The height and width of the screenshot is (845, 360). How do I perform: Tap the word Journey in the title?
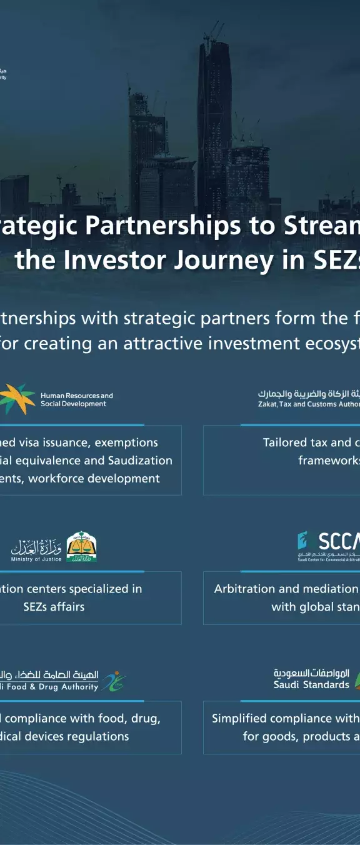tap(224, 261)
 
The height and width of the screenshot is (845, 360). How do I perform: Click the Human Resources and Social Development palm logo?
tap(17, 399)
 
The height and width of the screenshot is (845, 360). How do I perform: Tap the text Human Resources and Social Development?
tap(76, 400)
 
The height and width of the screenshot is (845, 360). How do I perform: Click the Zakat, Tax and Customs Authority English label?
tap(309, 404)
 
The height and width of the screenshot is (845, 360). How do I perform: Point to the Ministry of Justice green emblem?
tap(81, 547)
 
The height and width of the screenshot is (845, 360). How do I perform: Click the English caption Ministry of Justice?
tap(36, 559)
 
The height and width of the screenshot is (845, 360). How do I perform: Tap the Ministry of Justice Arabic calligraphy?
tap(36, 547)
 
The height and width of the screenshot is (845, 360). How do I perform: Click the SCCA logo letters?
tap(338, 541)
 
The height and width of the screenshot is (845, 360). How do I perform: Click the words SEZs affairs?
tap(54, 607)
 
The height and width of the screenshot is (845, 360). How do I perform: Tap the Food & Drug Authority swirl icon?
tap(114, 681)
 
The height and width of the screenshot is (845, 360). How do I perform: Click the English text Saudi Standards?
tap(311, 685)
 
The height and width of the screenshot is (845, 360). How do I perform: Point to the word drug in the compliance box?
tap(145, 719)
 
